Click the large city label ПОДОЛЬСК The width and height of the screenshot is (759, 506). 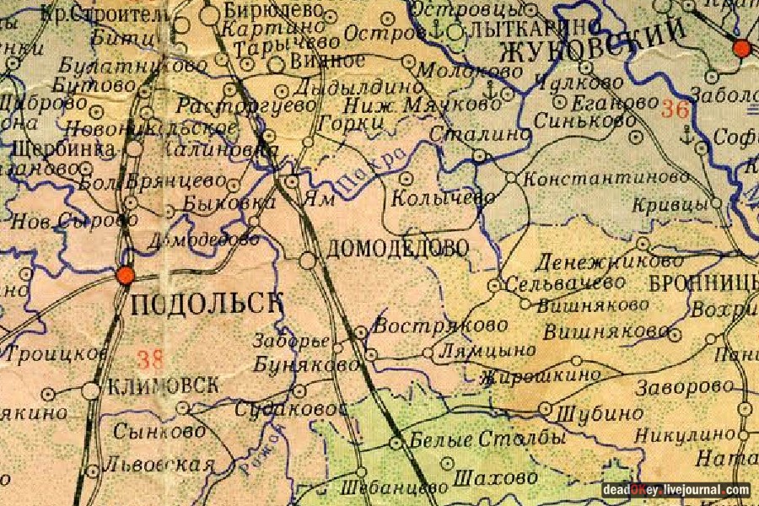coord(204,303)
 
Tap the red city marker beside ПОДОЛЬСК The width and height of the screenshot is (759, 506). coord(126,276)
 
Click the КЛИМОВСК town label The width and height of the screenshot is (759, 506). coord(164,386)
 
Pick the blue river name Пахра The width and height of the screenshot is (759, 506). coord(379,169)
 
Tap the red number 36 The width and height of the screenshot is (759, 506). coord(675,110)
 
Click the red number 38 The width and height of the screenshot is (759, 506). coord(150,360)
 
